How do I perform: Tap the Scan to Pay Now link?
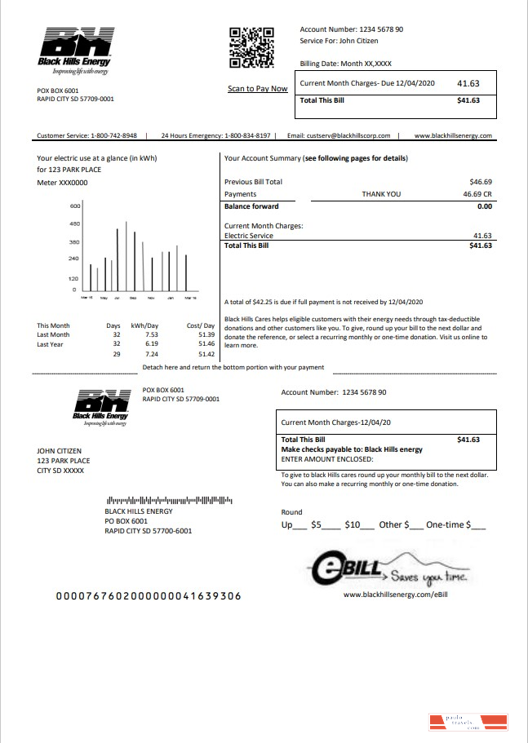257,89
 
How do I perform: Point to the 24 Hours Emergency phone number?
246,136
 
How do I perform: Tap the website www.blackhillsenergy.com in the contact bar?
453,136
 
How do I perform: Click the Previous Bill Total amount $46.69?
481,182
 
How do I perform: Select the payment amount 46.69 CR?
477,195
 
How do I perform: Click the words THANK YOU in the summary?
381,195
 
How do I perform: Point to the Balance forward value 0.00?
484,207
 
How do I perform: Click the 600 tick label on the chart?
74,206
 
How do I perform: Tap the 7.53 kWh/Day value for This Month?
151,334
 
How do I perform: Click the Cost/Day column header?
200,325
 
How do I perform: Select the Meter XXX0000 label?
62,183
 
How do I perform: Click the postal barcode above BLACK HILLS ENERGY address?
169,500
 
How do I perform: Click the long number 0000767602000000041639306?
148,596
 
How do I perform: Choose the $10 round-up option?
353,525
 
